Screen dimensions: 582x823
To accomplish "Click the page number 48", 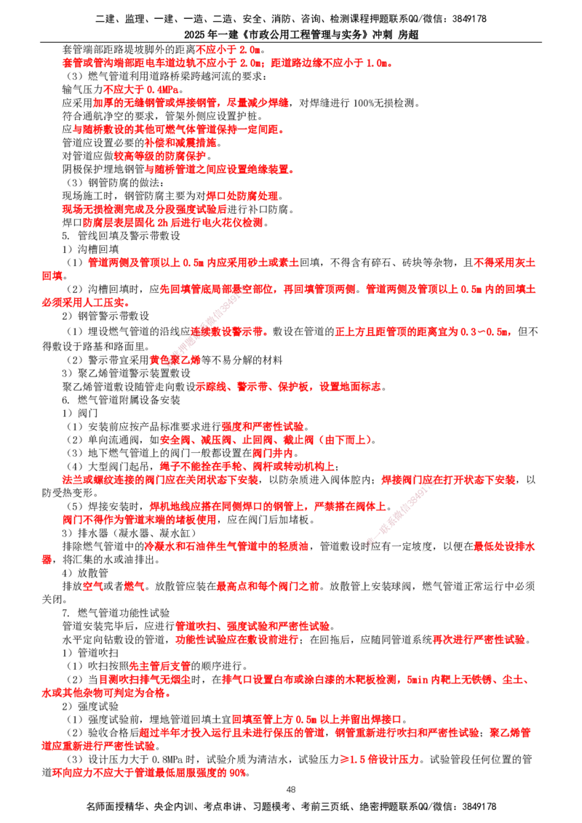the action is coord(291,789).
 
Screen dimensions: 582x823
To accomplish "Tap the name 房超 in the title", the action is coord(408,35).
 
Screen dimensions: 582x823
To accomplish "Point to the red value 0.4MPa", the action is coord(162,89).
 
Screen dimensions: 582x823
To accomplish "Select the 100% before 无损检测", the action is coord(364,103).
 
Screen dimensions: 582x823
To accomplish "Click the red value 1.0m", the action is coord(378,63).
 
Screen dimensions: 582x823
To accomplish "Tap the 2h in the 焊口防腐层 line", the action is coord(163,222).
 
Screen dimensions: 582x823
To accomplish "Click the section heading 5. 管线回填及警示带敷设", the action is coord(121,236).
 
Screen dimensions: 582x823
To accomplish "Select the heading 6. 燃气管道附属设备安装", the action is coord(121,400).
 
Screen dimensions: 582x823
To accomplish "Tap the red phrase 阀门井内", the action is coord(273,453).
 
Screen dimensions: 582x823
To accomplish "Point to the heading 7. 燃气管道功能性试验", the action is coord(116,613).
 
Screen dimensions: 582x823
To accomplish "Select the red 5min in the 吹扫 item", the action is coord(418,680).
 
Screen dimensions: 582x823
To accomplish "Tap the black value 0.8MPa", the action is coord(167,760).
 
